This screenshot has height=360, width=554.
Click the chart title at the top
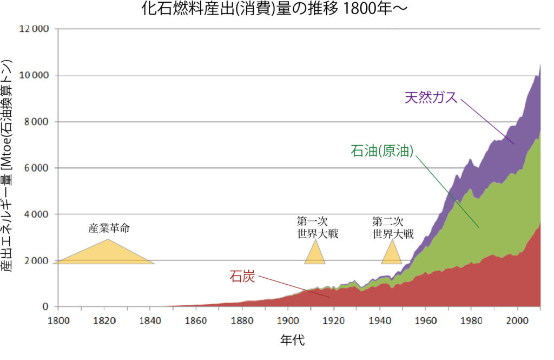pos(276,10)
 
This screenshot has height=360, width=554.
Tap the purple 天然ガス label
pos(431,98)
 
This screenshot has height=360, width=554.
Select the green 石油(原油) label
pos(382,151)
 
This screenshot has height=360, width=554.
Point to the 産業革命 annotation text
pos(109,228)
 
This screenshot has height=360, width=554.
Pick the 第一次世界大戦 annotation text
pos(317,228)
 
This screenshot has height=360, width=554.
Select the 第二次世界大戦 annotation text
pos(393,228)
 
